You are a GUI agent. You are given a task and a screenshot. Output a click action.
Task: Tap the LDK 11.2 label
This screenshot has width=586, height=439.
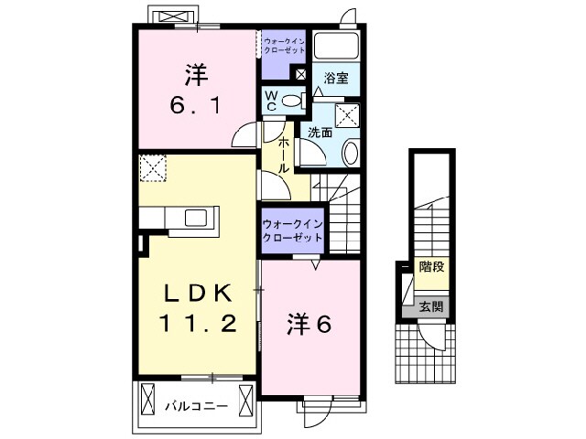point(194,308)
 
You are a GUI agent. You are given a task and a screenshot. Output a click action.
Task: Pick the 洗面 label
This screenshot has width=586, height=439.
point(320,133)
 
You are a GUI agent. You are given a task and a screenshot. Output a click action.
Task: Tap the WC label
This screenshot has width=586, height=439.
point(272,101)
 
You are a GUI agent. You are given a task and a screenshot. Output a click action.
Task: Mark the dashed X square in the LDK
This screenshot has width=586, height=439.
point(151,168)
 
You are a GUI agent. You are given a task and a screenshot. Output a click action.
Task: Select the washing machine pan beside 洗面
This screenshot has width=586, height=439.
point(347,116)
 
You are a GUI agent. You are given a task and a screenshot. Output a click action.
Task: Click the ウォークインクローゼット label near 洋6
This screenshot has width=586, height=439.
point(292,230)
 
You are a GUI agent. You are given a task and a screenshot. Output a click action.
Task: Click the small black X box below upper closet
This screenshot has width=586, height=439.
point(300,74)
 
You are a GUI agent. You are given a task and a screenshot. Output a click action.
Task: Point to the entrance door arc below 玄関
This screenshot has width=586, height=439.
point(429,337)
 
